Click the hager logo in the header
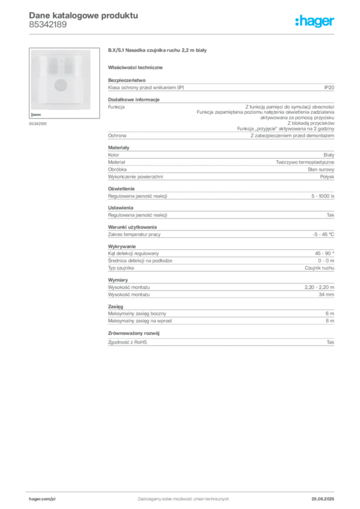315,21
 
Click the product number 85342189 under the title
48,25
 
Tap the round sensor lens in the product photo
61,85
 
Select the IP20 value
329,87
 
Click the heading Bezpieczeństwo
127,80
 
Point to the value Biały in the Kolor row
329,155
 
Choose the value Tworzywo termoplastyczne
305,163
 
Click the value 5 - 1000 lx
323,196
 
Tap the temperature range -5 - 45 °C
323,235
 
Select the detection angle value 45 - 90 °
324,254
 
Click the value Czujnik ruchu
319,268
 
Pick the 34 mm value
326,295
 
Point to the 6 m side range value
330,314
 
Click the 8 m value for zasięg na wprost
330,321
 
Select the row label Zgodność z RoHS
127,342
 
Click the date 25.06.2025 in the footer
323,499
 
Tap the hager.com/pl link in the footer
42,499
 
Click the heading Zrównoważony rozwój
134,334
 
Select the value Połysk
327,177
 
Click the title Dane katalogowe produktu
84,15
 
